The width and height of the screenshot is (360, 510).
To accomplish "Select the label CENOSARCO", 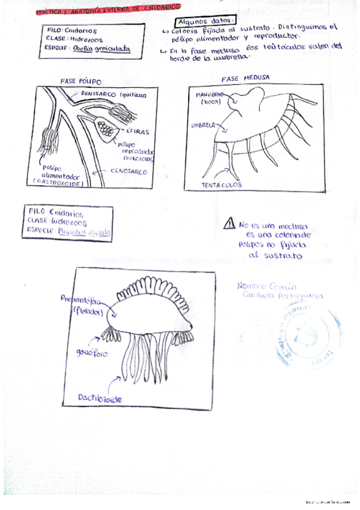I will tap(129, 170).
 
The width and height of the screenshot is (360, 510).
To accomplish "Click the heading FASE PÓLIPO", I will tap(82, 81).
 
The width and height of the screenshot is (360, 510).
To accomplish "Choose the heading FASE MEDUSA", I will tap(245, 79).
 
